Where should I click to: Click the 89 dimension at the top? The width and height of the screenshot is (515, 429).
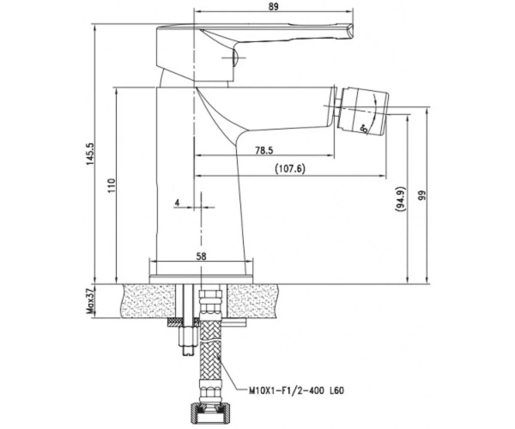pyautogui.click(x=273, y=7)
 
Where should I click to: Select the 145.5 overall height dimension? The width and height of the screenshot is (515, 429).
pyautogui.click(x=90, y=154)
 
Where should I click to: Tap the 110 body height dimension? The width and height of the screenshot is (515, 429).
pyautogui.click(x=112, y=185)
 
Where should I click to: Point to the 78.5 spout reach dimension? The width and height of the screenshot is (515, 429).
pyautogui.click(x=264, y=150)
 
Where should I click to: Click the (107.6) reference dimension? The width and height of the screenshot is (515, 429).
pyautogui.click(x=290, y=169)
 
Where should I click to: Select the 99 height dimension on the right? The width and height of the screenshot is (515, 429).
pyautogui.click(x=422, y=196)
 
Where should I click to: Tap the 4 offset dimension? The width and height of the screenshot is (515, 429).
pyautogui.click(x=178, y=202)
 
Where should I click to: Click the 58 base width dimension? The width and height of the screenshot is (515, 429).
pyautogui.click(x=201, y=257)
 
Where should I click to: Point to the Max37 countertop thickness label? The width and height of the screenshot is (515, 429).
pyautogui.click(x=90, y=300)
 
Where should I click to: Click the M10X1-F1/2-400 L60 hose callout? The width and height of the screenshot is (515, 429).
pyautogui.click(x=296, y=390)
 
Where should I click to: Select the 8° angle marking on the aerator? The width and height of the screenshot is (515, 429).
pyautogui.click(x=364, y=129)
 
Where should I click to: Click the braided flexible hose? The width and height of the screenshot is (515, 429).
pyautogui.click(x=210, y=350)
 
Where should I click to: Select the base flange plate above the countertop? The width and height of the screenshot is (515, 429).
pyautogui.click(x=201, y=280)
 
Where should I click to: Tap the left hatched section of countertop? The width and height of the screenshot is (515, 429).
pyautogui.click(x=148, y=301)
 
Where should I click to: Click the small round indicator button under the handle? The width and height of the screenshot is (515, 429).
pyautogui.click(x=234, y=58)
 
